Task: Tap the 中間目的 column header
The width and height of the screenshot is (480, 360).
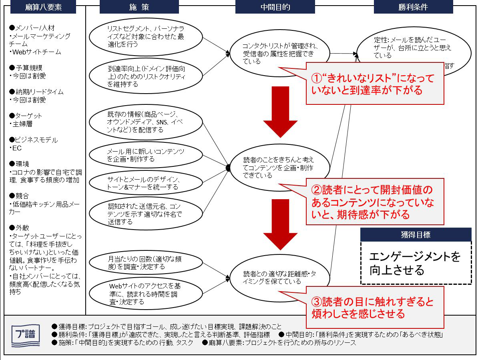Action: click(x=275, y=7)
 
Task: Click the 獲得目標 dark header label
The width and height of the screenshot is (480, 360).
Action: click(x=416, y=235)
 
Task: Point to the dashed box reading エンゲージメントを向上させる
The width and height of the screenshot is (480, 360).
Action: click(x=416, y=263)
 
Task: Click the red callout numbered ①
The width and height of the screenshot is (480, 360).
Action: click(x=375, y=84)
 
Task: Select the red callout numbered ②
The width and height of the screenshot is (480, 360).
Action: click(x=375, y=202)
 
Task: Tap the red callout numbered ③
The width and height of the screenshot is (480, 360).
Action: click(x=375, y=307)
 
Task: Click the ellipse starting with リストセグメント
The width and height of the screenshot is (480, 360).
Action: click(x=146, y=36)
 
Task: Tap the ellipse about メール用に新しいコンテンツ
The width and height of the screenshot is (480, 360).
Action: click(x=146, y=155)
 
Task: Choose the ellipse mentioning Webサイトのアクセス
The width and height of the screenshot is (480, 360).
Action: click(x=146, y=294)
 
